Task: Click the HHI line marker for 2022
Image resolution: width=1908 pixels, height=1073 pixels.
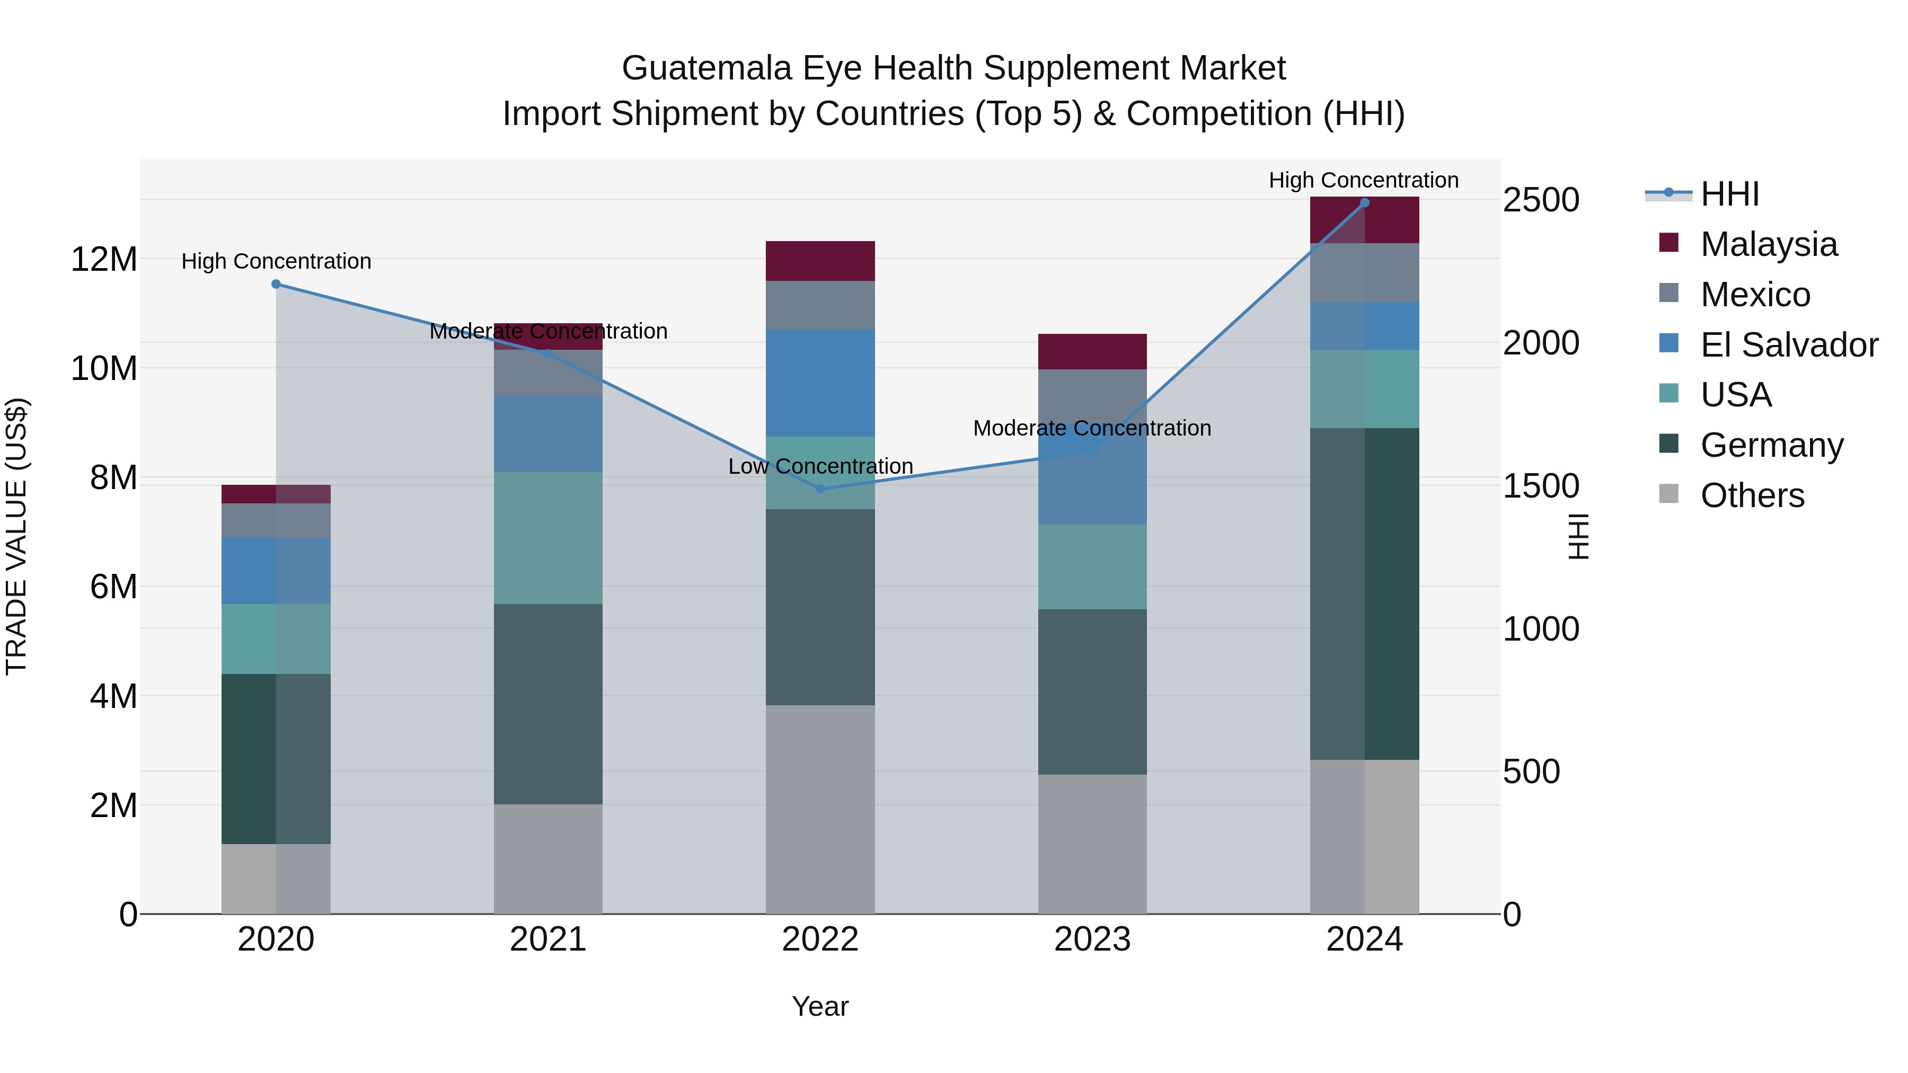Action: coord(820,489)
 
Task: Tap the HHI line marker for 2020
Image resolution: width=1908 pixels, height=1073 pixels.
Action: coord(276,283)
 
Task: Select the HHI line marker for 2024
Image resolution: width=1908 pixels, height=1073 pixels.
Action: coord(1364,203)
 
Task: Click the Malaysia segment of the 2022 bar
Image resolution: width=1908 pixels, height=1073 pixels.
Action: coord(820,261)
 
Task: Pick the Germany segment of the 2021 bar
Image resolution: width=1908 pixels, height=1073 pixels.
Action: coord(548,704)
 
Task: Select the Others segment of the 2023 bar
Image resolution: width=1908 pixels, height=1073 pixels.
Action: coord(1092,844)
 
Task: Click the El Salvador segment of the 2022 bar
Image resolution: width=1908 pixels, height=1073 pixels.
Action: coord(820,383)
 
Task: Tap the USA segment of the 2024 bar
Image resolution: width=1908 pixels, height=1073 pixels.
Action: coord(1364,389)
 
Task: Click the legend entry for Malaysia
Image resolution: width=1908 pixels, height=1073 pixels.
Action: coord(1768,244)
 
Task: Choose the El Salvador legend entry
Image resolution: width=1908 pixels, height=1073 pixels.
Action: coord(1789,345)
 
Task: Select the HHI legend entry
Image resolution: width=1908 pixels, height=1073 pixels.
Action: coord(1729,194)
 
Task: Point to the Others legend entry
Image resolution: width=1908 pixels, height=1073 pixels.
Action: coord(1752,495)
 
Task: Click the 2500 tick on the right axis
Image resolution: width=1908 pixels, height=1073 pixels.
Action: coord(1541,200)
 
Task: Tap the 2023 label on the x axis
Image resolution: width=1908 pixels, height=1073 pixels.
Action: coord(1092,939)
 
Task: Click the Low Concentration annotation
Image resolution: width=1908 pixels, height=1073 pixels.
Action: coord(820,466)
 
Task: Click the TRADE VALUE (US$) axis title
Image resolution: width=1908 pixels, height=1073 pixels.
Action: coord(16,536)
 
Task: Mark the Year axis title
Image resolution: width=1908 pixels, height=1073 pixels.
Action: coord(820,1006)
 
